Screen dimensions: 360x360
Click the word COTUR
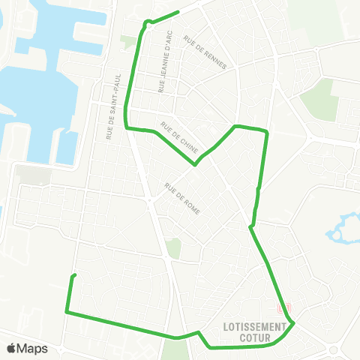click(255, 337)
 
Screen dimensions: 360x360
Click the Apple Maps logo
click(27, 348)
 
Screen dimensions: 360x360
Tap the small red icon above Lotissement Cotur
click(283, 307)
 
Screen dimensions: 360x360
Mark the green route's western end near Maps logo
click(73, 276)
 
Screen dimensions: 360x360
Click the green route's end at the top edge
click(178, 11)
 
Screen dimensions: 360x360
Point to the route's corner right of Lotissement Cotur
click(294, 323)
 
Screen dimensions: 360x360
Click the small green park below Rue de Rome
click(174, 248)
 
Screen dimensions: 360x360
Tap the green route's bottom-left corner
click(67, 311)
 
